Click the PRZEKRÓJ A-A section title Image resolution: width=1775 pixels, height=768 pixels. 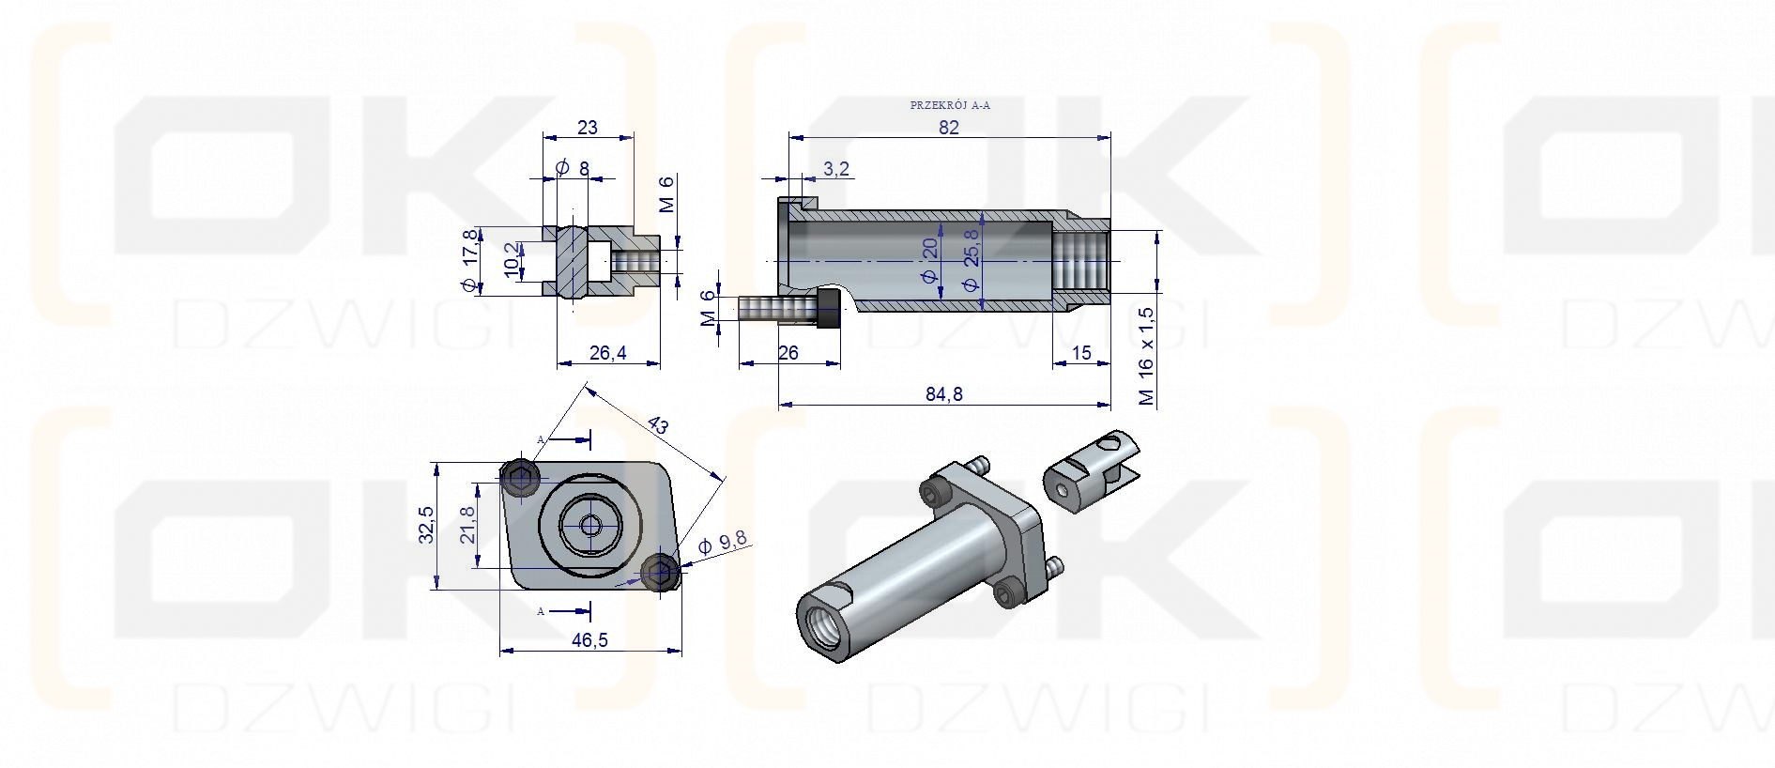(x=950, y=105)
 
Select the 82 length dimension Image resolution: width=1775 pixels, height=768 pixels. (x=949, y=128)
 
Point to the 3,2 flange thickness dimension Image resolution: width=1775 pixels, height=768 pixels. (x=836, y=169)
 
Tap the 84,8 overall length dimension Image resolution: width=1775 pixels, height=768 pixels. (x=944, y=394)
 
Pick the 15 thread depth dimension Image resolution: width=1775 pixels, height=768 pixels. (x=1081, y=353)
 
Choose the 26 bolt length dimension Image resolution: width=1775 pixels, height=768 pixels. (x=788, y=353)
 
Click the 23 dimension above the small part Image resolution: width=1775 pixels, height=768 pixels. (x=588, y=128)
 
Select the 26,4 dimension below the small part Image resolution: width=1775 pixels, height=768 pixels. (x=608, y=353)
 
